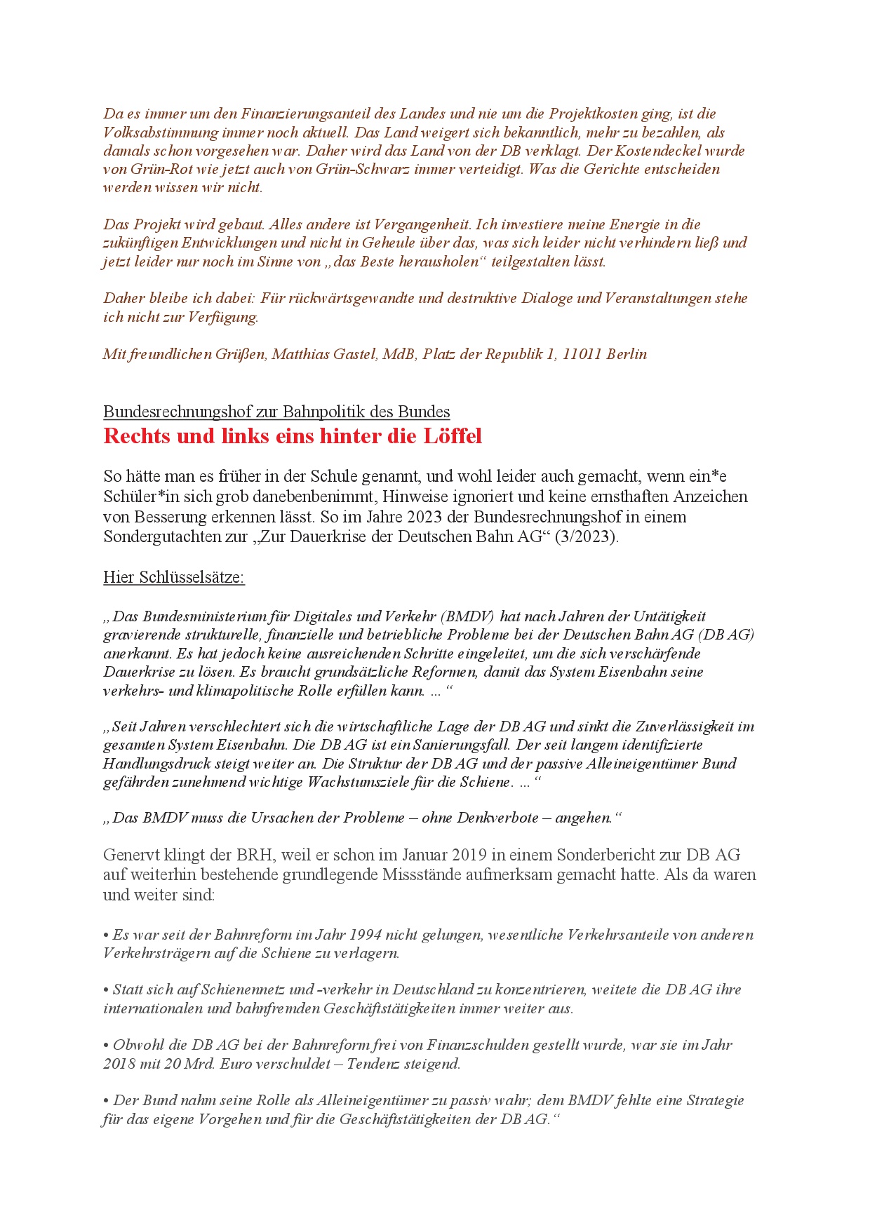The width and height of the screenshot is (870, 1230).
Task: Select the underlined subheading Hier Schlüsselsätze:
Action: (173, 577)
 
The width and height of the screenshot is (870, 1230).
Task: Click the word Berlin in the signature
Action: (627, 354)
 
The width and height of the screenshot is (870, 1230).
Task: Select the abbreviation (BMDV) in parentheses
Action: (468, 616)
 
